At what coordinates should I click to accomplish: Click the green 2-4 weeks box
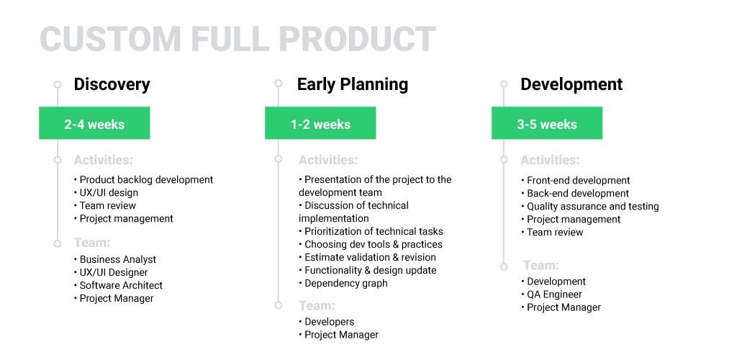tap(94, 123)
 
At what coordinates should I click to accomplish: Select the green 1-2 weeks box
tap(320, 123)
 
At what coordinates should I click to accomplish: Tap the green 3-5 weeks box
tap(547, 123)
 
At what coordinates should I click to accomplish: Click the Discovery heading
tap(112, 84)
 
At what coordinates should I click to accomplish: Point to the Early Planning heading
tap(353, 84)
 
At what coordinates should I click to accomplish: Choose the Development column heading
tap(571, 84)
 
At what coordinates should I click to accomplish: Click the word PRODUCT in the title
tap(357, 39)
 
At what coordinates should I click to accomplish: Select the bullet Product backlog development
tap(144, 179)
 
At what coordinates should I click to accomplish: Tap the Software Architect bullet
tap(119, 285)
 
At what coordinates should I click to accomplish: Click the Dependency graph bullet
tap(343, 284)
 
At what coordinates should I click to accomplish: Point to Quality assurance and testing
tap(590, 207)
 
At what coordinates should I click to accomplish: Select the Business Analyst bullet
tap(115, 259)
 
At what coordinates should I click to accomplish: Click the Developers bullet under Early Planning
tap(327, 322)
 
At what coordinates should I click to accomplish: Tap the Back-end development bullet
tap(575, 193)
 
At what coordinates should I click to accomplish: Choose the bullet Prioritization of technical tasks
tap(371, 231)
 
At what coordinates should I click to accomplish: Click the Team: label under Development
tap(541, 266)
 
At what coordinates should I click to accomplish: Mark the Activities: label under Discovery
tap(104, 160)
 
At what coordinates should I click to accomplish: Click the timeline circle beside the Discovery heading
tap(58, 84)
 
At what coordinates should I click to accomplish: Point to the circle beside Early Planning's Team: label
tap(279, 305)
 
